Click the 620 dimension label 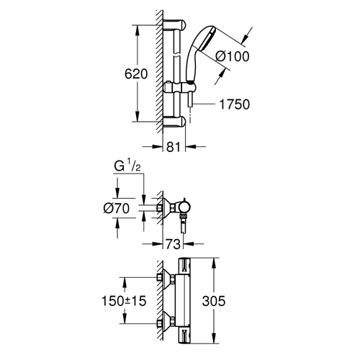(136, 74)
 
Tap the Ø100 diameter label (233, 57)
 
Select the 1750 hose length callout (235, 104)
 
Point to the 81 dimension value (174, 147)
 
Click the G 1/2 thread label (127, 166)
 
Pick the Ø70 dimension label (117, 208)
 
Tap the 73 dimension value (173, 244)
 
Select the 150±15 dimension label (124, 301)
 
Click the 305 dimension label (214, 301)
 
